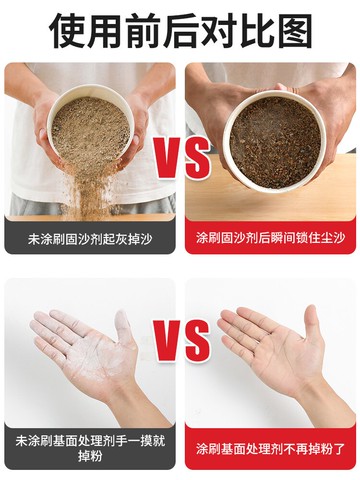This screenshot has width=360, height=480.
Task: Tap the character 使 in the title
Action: click(x=68, y=31)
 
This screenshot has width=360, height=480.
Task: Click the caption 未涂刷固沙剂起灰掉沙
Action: click(x=90, y=239)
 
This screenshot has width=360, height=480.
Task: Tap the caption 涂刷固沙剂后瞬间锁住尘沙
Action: click(x=270, y=238)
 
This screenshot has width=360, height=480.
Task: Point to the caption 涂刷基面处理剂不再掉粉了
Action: click(x=270, y=448)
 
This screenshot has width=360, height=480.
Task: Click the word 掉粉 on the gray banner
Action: click(x=90, y=456)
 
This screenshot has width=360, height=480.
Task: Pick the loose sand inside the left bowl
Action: click(x=90, y=128)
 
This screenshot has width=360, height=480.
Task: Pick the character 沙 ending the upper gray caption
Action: click(x=146, y=239)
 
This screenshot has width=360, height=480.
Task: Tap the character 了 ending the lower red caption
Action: click(x=339, y=448)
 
